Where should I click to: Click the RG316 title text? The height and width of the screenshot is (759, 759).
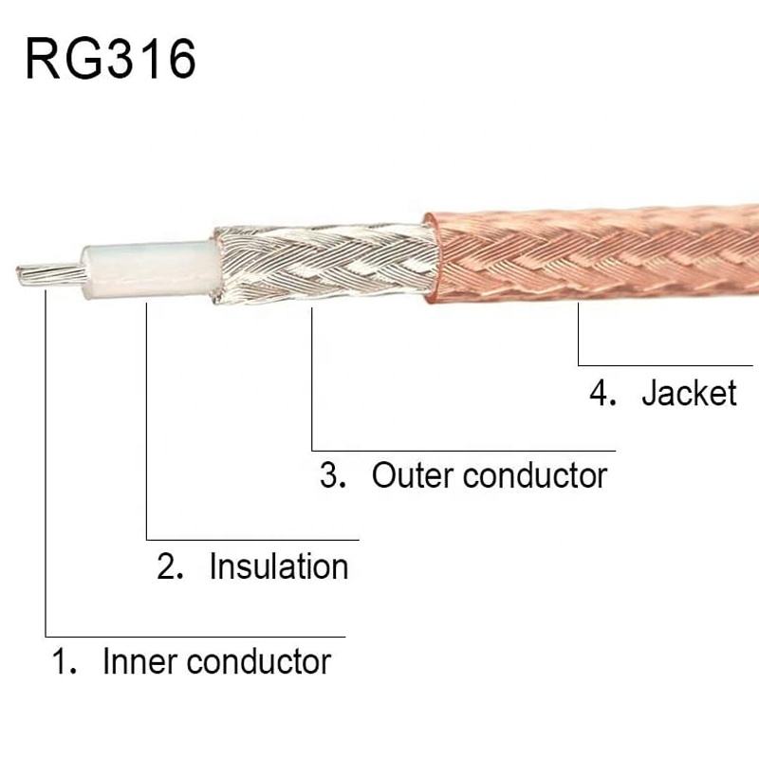coord(110,59)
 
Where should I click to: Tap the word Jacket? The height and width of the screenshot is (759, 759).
coord(689,392)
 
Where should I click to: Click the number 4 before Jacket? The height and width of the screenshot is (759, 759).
coord(602,392)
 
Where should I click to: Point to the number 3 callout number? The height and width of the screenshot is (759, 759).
coord(330,474)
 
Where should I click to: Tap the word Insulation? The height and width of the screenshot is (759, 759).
coord(279,566)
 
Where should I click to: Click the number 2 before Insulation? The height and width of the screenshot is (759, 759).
coord(168,567)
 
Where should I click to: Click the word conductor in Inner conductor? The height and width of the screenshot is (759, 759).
coord(259,660)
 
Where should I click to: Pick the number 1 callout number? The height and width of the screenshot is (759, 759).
coord(63,660)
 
